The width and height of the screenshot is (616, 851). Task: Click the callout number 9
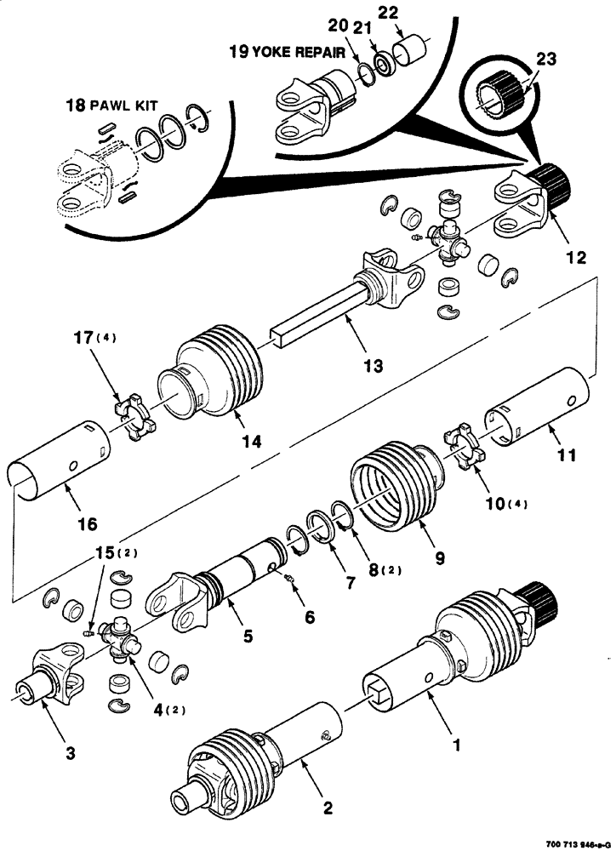click(440, 560)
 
